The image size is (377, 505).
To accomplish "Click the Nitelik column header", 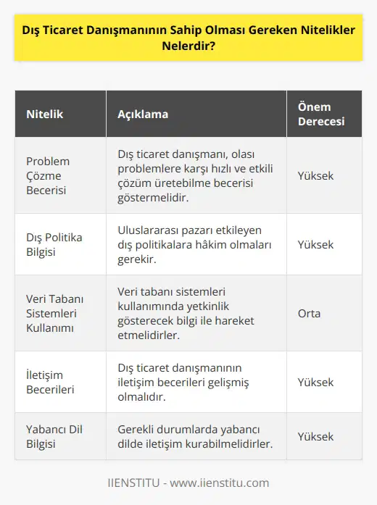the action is click(x=46, y=114).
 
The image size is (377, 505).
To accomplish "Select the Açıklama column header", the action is click(x=144, y=114).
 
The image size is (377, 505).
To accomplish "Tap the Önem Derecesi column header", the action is click(x=319, y=114).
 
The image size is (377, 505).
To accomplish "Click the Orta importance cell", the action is click(x=310, y=313).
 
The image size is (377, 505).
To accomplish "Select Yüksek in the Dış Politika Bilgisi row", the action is click(x=316, y=244).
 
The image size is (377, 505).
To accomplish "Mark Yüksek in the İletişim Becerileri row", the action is click(x=316, y=382).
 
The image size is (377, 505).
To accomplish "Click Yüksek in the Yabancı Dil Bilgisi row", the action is click(x=316, y=436).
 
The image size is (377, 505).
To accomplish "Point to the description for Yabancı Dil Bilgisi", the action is click(x=195, y=436).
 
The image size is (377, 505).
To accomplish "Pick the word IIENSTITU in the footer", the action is click(x=133, y=483).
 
